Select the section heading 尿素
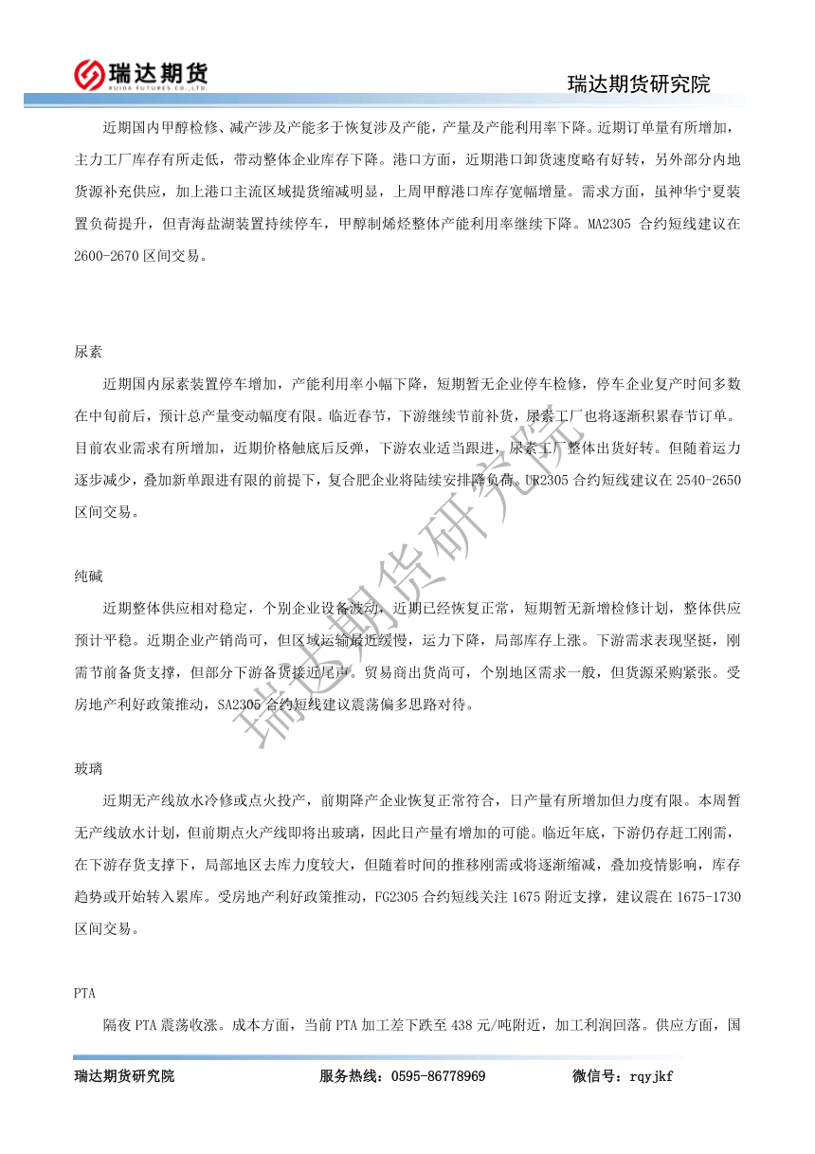(x=88, y=351)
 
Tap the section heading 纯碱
(x=88, y=577)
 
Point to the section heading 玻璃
(x=88, y=767)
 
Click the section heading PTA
(x=85, y=993)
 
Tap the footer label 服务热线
(x=352, y=1076)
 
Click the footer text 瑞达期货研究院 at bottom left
(x=124, y=1076)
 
